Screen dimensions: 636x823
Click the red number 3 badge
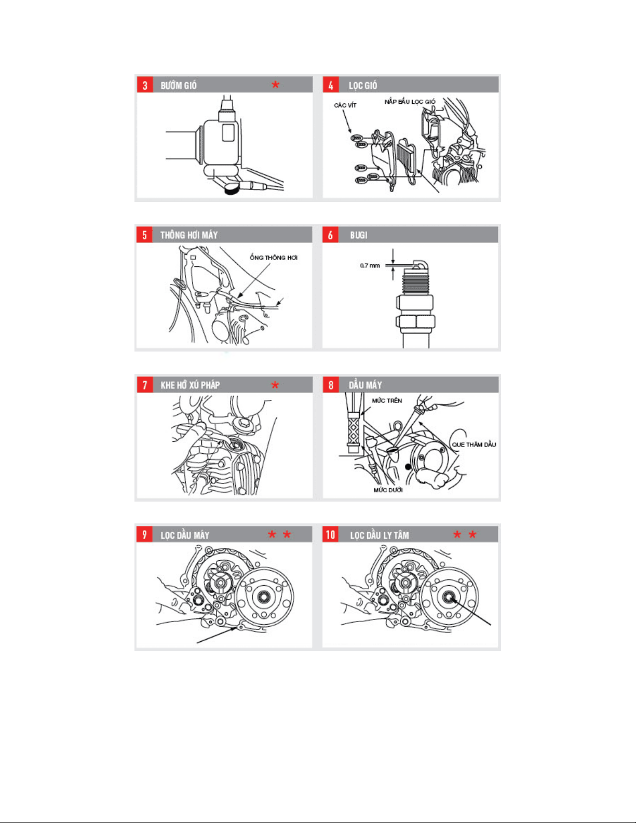(145, 85)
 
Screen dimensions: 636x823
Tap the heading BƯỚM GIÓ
(178, 85)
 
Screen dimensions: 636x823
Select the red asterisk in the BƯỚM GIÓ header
(275, 85)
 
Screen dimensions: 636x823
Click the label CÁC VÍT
(345, 105)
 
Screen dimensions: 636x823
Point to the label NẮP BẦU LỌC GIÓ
(410, 101)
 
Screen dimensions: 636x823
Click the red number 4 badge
(331, 85)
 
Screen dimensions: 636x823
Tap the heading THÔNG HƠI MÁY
(189, 235)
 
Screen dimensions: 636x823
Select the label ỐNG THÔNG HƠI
(273, 258)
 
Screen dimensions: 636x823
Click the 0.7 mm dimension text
(370, 265)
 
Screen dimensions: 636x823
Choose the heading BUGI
(359, 235)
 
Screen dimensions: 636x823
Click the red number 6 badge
(331, 235)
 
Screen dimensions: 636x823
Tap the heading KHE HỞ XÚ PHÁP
(190, 385)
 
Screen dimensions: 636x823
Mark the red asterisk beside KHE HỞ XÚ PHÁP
(275, 385)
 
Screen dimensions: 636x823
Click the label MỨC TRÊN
(386, 400)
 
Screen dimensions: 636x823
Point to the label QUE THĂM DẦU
(474, 444)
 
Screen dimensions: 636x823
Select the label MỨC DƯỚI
(388, 490)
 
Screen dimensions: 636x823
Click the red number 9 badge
(145, 534)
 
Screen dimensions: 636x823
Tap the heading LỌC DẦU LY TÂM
(380, 535)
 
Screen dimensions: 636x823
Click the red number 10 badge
(331, 534)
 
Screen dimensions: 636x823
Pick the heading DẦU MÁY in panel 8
(366, 385)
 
